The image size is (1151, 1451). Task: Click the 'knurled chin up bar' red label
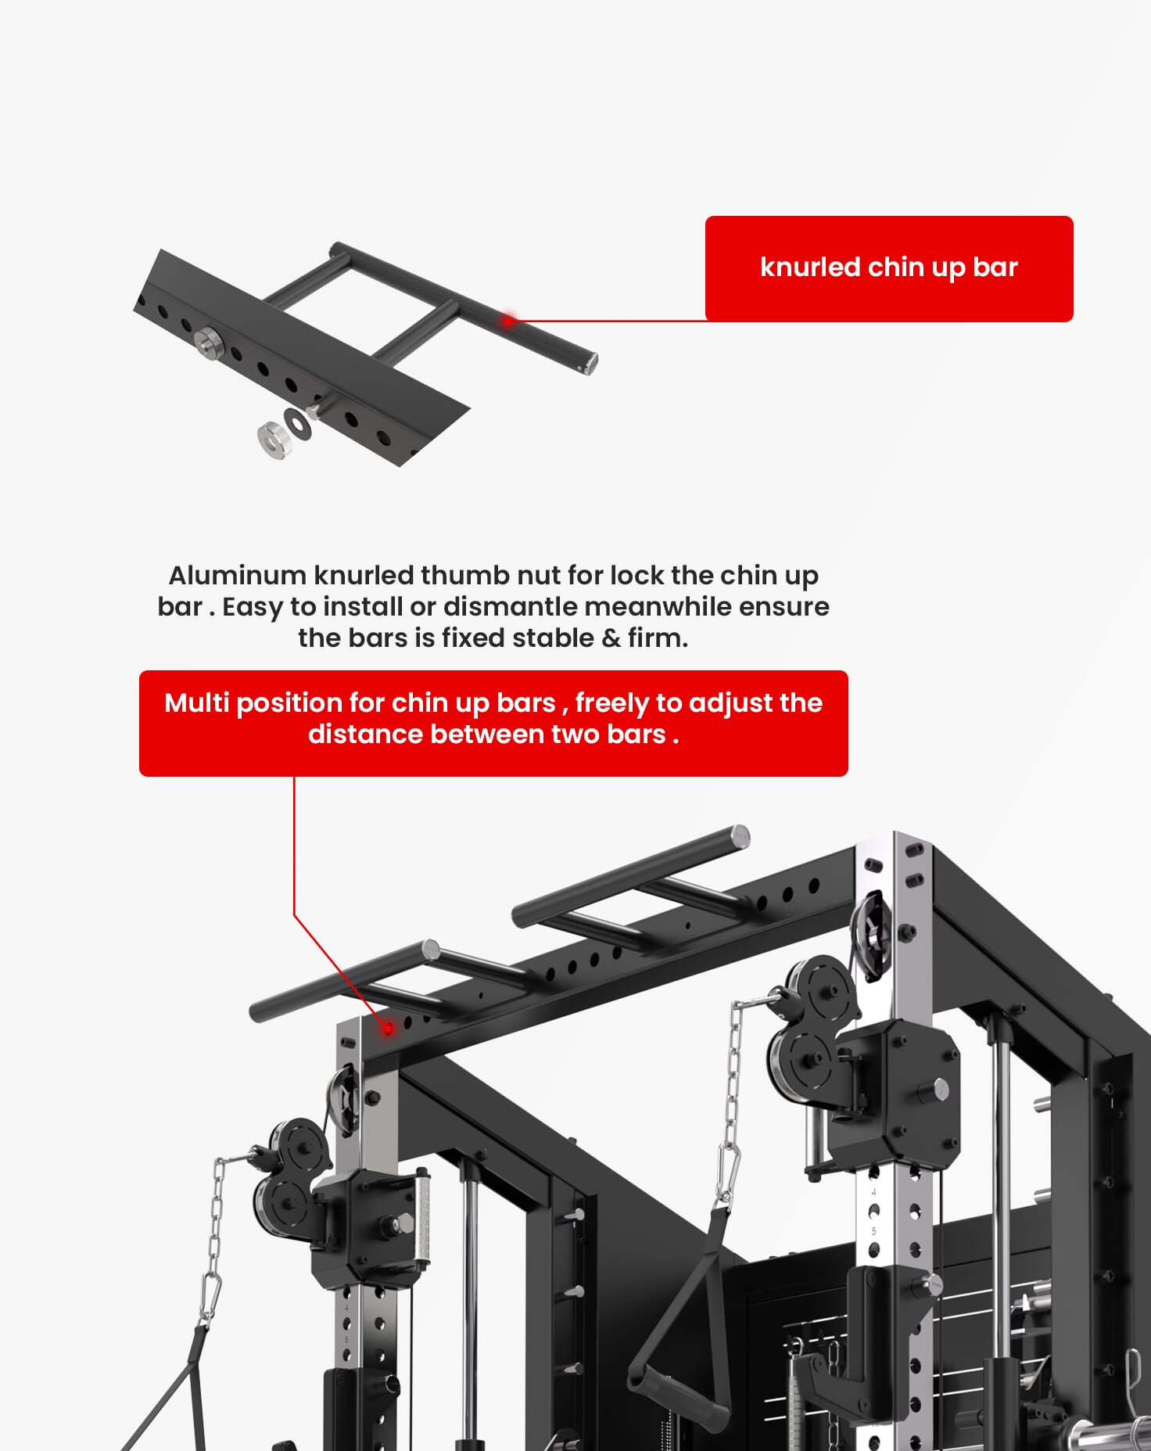(889, 268)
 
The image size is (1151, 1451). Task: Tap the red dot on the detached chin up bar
(508, 320)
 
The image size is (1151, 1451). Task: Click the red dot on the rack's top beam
(388, 1029)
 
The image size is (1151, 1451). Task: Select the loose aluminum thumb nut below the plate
(274, 440)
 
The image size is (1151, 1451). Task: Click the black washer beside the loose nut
(298, 423)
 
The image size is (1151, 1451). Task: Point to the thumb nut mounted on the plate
(208, 342)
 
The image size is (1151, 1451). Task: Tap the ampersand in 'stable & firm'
(611, 638)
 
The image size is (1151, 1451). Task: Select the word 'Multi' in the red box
(197, 702)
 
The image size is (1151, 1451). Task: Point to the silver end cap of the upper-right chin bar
(740, 836)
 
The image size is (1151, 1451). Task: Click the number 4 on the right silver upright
(874, 1193)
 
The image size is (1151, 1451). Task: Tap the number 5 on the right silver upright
(874, 1231)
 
